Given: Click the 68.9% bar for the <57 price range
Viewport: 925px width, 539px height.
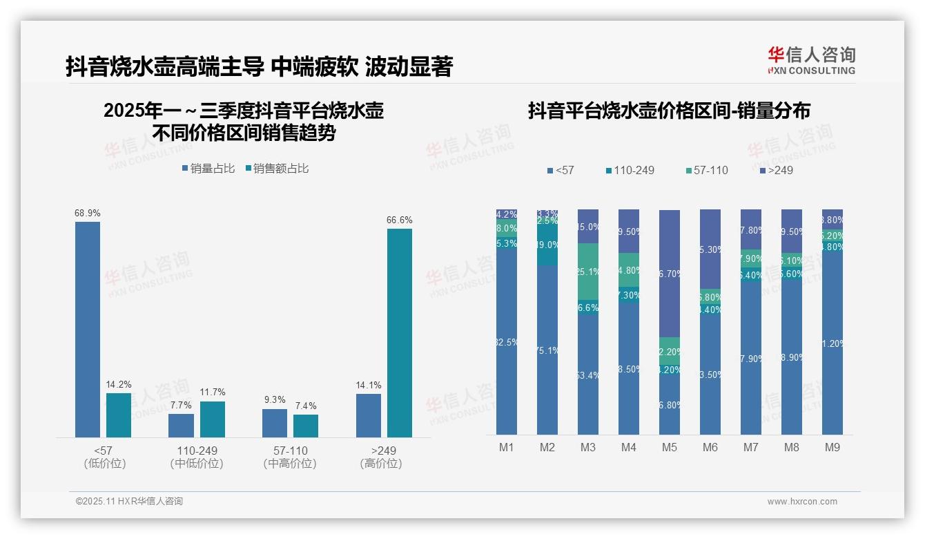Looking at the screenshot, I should coord(88,329).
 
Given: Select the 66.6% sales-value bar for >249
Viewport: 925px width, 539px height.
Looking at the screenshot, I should coord(399,332).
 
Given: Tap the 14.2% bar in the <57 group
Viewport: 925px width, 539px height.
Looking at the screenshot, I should coord(119,415).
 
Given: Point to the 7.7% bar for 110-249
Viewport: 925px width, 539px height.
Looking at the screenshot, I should coord(181,425).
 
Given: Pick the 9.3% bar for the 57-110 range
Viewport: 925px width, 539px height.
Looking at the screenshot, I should coord(275,423).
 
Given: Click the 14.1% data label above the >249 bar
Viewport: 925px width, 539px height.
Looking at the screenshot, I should coord(369,386).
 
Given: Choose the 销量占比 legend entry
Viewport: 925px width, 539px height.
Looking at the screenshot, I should coord(208,168).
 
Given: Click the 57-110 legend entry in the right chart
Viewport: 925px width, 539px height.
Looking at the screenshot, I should coord(707,170).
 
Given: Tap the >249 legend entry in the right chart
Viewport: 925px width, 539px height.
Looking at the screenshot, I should coord(776,170).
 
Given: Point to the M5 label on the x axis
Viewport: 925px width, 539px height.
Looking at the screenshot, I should coord(670,447).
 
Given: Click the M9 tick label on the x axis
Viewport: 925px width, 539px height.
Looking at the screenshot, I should coord(833,447).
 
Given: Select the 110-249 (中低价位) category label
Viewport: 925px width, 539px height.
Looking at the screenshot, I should coord(197,457).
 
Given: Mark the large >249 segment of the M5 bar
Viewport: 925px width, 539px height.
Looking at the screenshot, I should coord(670,273).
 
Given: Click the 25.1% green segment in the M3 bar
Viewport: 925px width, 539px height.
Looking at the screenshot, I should coord(588,272).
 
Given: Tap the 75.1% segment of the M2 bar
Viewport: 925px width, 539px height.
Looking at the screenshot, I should coord(547,350).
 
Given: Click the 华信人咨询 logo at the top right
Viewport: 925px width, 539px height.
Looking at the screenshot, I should coord(812,60).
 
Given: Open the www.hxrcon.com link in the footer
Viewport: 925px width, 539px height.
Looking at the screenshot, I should coord(802,502).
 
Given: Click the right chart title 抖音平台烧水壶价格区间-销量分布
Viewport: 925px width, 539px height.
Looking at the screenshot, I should coord(669,111).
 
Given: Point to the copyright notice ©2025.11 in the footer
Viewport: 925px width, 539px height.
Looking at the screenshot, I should coord(129,502).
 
